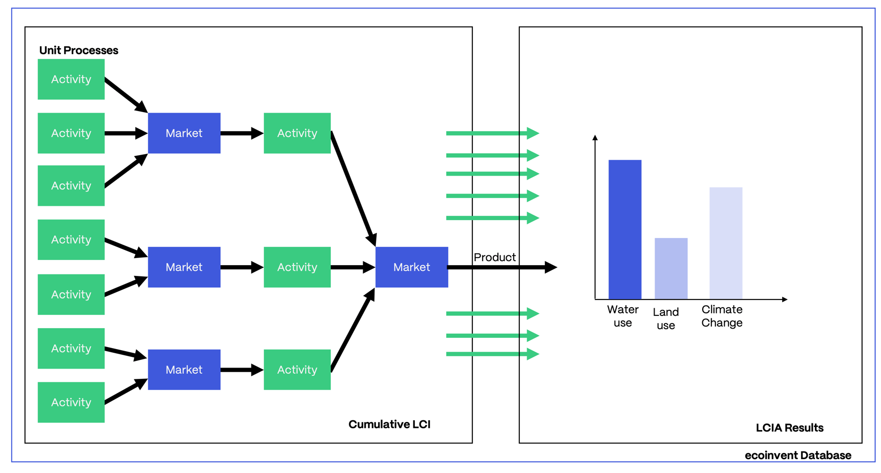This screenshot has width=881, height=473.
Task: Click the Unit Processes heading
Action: coord(78,50)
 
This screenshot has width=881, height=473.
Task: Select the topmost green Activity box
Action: coord(71,79)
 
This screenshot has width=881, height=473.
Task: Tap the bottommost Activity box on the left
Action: coord(71,402)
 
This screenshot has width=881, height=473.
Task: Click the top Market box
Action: coord(184,133)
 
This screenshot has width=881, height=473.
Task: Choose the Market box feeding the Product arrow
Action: coord(411,267)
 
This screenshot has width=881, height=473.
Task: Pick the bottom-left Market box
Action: coord(184,370)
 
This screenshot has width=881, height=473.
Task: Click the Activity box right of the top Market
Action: coord(297,133)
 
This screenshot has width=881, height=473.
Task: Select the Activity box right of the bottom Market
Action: coord(297,370)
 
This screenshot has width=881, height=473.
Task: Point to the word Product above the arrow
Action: coord(494,257)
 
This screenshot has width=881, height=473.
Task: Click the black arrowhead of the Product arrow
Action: coord(551,267)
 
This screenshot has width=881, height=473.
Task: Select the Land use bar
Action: coord(671,268)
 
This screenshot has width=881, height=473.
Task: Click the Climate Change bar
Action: coord(726,243)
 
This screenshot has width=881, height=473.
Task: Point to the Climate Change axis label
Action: coord(722,316)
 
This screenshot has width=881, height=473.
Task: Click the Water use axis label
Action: coord(623,316)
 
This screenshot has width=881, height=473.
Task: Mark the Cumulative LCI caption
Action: coord(389,424)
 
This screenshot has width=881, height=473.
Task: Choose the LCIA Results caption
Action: coord(789,428)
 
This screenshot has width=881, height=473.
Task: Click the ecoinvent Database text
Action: coord(798,455)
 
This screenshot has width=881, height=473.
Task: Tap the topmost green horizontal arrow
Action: coord(492,133)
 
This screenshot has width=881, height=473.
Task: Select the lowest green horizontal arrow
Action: coord(492,354)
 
